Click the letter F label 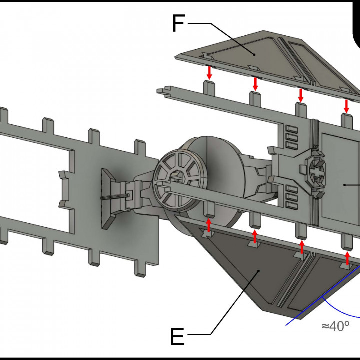(x=179, y=23)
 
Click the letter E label (x=177, y=337)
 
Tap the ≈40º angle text (x=335, y=326)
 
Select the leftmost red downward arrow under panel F (x=209, y=73)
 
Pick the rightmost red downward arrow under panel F (x=346, y=105)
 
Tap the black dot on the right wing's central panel (x=345, y=184)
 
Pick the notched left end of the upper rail (x=161, y=91)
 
